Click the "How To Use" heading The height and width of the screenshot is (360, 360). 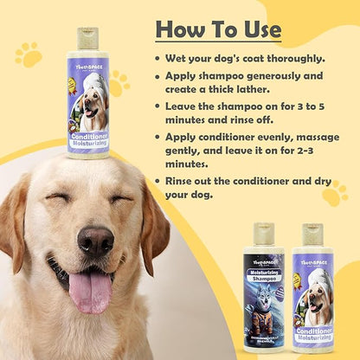[x=218, y=29]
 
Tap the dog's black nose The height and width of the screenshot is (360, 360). [x=95, y=240]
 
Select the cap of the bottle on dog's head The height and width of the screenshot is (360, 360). [x=87, y=37]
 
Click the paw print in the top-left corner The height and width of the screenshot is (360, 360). [x=28, y=55]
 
